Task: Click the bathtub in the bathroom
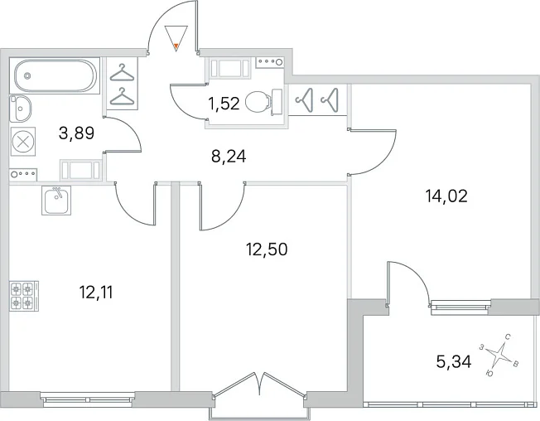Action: pos(55,75)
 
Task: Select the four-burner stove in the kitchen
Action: pos(24,296)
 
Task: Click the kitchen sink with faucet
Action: pos(56,201)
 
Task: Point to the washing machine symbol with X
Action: pos(23,141)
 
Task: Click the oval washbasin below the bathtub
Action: pos(21,109)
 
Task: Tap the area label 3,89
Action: pos(76,133)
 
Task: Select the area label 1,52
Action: pos(224,104)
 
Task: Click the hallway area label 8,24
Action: pos(229,157)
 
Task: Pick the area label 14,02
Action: pos(446,196)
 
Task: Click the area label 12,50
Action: pos(267,249)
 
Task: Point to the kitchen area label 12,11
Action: pos(96,293)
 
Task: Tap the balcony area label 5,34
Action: pos(454,361)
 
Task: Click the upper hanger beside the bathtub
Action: pos(122,73)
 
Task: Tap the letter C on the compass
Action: pos(507,336)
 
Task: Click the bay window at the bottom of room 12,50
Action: pos(259,396)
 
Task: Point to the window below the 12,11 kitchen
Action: pos(87,399)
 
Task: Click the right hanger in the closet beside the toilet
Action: pos(330,100)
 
